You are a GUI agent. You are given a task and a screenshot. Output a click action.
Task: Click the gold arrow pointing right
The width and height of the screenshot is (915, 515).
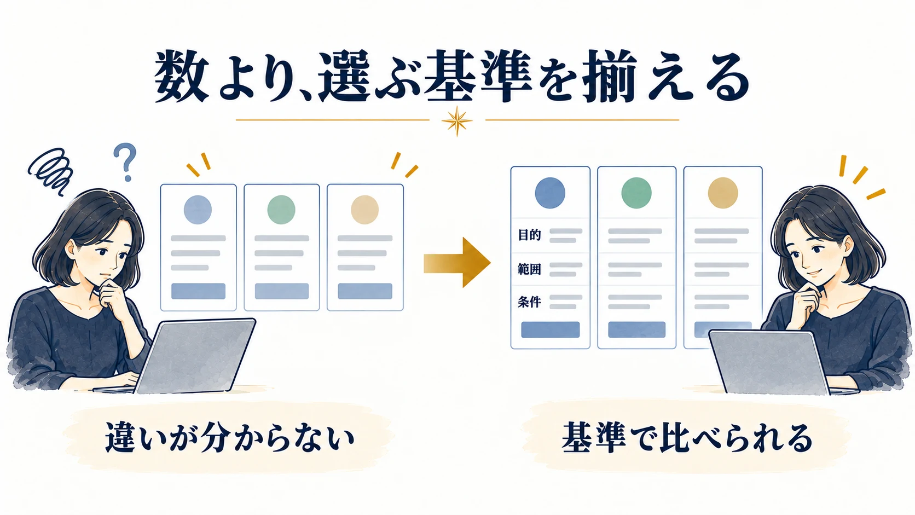(x=457, y=263)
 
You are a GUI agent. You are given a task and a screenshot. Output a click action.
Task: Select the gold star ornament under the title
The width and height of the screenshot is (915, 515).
(x=457, y=121)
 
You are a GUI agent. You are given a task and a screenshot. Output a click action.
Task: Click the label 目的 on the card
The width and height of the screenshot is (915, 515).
(x=529, y=235)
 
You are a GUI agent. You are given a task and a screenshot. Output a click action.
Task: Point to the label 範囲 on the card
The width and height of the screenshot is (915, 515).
(x=529, y=269)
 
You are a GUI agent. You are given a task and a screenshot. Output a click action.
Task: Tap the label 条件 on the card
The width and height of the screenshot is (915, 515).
(x=529, y=302)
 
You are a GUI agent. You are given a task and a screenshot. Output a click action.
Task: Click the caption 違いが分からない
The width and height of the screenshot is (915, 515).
(x=229, y=437)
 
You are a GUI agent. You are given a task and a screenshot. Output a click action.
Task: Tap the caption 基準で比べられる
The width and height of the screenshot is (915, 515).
(x=687, y=438)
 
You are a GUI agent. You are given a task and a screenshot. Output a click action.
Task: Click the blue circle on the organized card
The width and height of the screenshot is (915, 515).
(x=550, y=193)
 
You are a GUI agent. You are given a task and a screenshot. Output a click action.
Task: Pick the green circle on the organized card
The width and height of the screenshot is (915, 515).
(x=636, y=193)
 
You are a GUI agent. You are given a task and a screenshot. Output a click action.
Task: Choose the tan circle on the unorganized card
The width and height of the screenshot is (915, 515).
(x=365, y=210)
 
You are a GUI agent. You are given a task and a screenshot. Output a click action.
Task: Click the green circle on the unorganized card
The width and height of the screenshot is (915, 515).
(x=281, y=210)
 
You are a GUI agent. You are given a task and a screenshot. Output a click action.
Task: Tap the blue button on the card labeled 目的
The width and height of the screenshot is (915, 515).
(x=550, y=329)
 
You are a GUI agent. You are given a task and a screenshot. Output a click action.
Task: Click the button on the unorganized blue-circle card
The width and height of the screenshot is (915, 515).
(x=198, y=291)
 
